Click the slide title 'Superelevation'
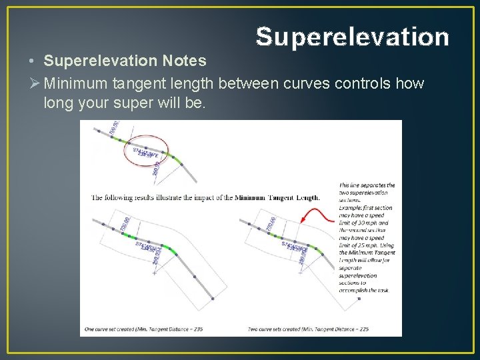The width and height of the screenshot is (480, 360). (x=353, y=37)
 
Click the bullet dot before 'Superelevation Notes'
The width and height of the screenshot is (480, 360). (x=32, y=61)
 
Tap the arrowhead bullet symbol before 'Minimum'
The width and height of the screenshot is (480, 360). (x=33, y=85)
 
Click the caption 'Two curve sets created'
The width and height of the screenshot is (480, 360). (x=275, y=329)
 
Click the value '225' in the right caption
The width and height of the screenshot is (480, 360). (x=363, y=329)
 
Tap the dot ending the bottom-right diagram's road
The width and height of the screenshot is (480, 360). (x=359, y=299)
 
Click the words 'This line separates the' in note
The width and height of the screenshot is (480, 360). (x=367, y=185)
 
